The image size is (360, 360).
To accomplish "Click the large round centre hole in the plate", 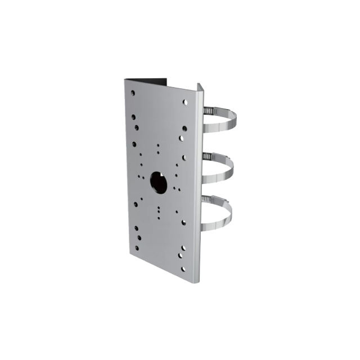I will click(159, 182).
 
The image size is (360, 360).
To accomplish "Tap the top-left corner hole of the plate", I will click(133, 92).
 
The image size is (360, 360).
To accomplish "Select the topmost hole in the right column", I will click(185, 102).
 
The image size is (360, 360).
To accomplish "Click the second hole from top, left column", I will click(133, 118).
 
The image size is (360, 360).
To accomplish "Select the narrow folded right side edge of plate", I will click(197, 186).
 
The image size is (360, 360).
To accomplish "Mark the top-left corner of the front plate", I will click(125, 80).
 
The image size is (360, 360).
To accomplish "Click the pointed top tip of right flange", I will click(198, 84).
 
